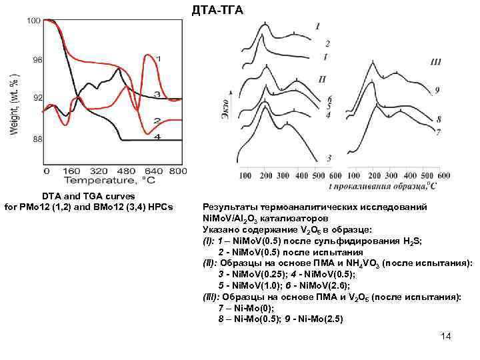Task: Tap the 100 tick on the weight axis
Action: [x=34, y=21]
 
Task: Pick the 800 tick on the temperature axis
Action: [x=177, y=171]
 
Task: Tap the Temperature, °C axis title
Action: [x=110, y=180]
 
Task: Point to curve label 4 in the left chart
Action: [x=157, y=137]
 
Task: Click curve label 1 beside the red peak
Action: [x=158, y=58]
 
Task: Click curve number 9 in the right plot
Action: [x=436, y=89]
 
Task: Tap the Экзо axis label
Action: [x=225, y=110]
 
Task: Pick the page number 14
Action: [x=446, y=336]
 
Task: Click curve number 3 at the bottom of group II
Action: [x=329, y=158]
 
